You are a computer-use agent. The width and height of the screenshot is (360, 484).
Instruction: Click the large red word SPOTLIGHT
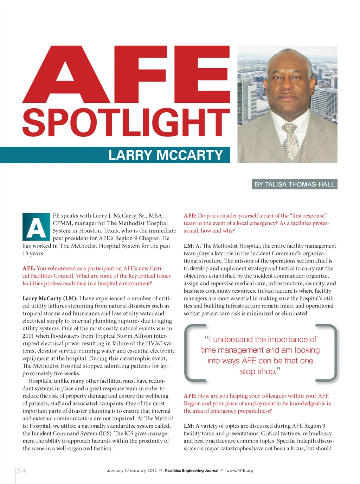coord(126,123)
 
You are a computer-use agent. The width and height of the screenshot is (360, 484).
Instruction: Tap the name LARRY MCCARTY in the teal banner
coord(166,155)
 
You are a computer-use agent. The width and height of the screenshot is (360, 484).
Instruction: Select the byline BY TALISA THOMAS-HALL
coord(294,184)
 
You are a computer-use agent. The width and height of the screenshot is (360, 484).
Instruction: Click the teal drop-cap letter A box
coord(36,227)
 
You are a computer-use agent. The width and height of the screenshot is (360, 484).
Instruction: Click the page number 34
coord(21,471)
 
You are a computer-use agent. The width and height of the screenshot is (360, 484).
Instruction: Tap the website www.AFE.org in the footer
coord(239,471)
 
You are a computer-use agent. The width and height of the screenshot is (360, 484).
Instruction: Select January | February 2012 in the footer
coord(132,471)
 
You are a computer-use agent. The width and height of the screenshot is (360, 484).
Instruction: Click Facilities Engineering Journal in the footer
coord(191,471)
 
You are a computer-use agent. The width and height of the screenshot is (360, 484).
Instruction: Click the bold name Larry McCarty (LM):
coord(50,298)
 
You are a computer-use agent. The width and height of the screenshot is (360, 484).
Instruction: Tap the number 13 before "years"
coord(25,253)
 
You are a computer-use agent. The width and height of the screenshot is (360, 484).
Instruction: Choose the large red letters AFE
coord(126,75)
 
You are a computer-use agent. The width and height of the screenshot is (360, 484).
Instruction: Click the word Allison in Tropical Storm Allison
coord(143,336)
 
